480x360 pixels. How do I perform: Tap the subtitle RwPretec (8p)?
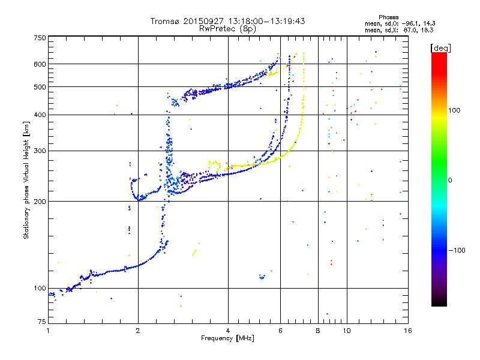pos(227,29)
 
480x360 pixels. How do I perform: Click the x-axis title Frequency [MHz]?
pos(227,338)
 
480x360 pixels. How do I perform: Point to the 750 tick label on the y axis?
pos(40,38)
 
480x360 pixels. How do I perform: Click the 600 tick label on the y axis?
pos(40,64)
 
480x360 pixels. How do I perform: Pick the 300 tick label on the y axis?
pos(40,151)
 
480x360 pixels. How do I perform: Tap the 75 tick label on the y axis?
pos(42,322)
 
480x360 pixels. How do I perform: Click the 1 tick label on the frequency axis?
pos(48,331)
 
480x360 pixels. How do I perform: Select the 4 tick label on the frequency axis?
pos(228,331)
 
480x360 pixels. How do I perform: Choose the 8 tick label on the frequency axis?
pos(318,331)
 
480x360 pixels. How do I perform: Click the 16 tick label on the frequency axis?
pos(408,331)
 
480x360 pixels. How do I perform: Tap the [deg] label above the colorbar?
pos(440,49)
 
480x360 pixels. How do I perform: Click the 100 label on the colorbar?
pos(454,110)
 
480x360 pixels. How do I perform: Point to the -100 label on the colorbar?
pos(457,250)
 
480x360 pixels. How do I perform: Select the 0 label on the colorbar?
pos(450,181)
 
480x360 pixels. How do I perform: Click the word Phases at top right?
pos(388,17)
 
